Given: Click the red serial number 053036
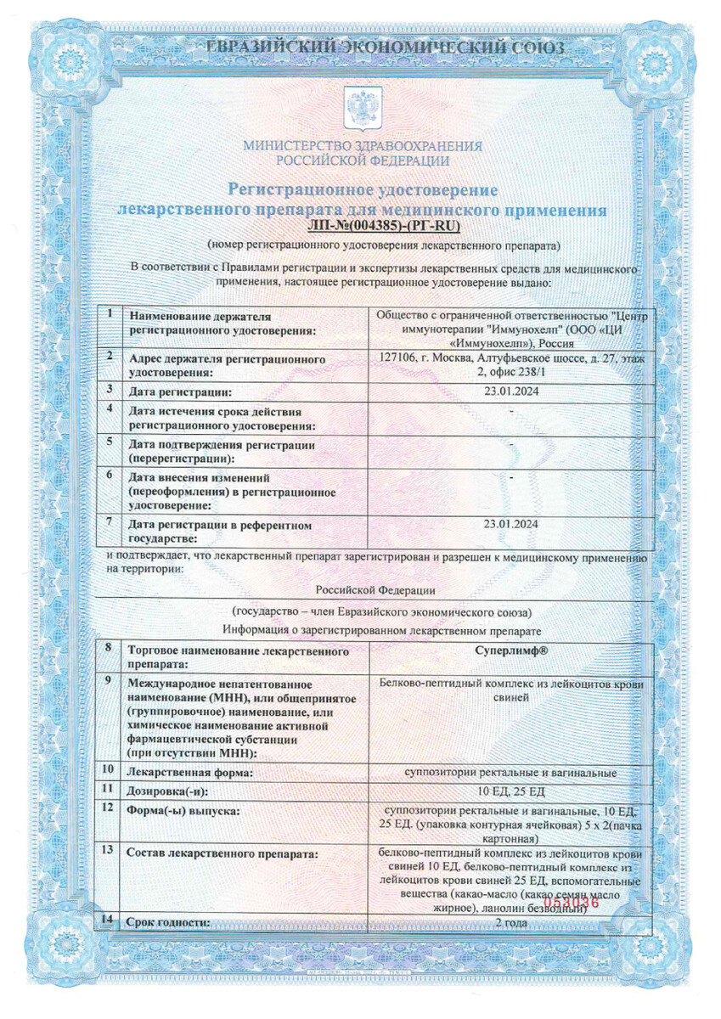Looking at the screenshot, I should (x=576, y=903).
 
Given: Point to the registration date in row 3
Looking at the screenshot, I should (x=510, y=391).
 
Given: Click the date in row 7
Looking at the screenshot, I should (x=510, y=524).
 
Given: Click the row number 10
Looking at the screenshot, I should (x=108, y=769).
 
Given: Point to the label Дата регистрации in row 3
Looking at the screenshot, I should (x=178, y=392).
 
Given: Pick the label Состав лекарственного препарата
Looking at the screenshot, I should (x=222, y=852).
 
